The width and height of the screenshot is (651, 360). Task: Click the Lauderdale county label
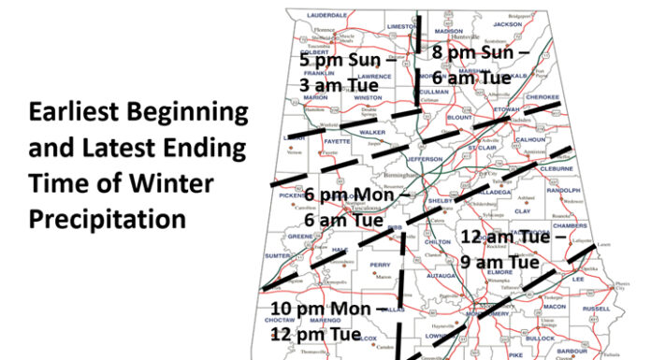(x=327, y=16)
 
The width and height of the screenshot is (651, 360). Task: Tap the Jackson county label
(x=508, y=24)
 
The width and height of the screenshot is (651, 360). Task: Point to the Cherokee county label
(x=542, y=96)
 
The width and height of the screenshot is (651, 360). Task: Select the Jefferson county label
(x=425, y=160)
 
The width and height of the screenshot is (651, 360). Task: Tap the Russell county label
(x=596, y=308)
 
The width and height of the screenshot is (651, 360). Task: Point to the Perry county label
(x=380, y=266)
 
